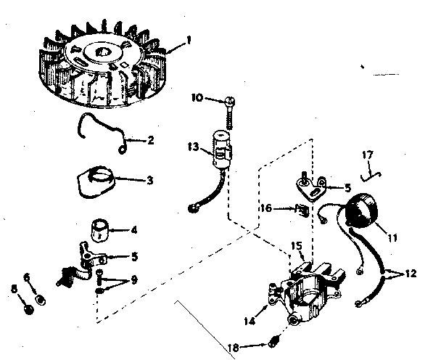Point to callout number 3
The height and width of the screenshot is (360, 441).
click(x=149, y=179)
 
